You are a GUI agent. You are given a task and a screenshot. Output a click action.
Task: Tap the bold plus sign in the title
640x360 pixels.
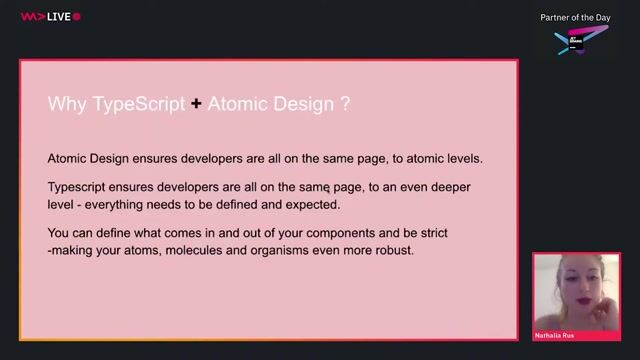(196, 103)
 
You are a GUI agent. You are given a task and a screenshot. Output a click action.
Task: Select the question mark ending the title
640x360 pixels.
(345, 103)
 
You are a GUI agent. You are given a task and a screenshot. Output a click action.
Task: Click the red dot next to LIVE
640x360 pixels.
(77, 17)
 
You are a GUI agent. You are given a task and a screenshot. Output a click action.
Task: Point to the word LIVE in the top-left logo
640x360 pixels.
(57, 17)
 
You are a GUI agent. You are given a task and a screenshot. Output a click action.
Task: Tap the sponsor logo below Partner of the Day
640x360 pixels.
(579, 41)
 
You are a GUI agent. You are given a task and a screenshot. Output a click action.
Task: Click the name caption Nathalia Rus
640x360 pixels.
(556, 334)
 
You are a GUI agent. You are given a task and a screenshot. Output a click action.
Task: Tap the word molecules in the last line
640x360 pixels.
(197, 250)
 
